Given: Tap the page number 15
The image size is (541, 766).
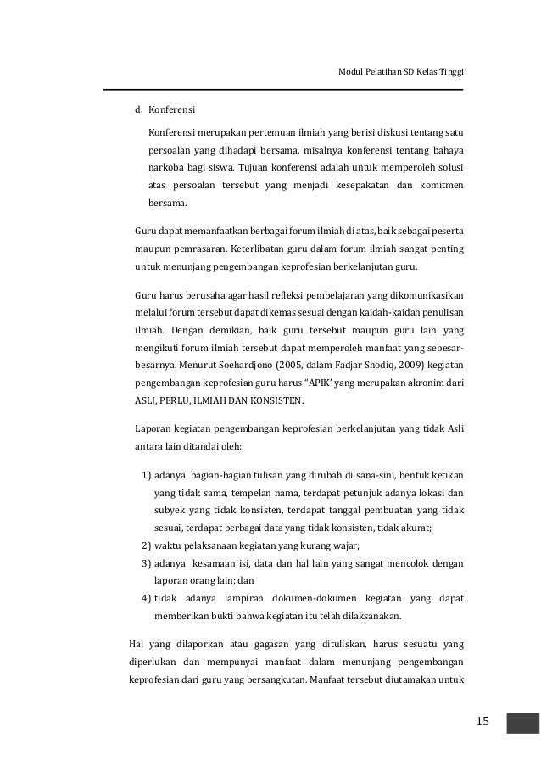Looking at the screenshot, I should (x=482, y=721).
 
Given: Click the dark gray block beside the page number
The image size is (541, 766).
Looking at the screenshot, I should (x=522, y=722).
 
